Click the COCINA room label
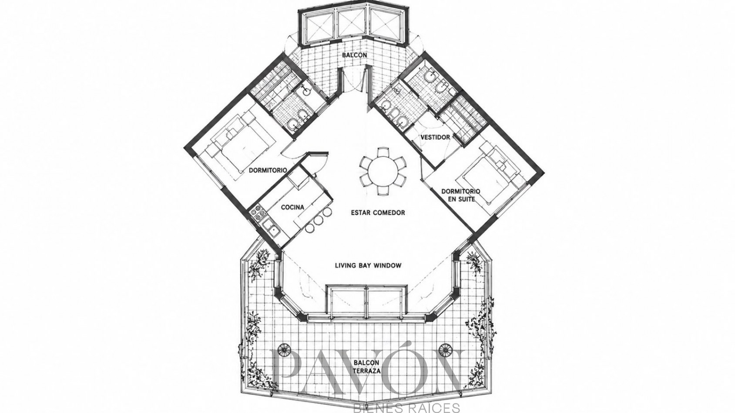click(293, 207)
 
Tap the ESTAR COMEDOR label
click(378, 213)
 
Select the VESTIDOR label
click(435, 137)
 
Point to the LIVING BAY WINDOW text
click(368, 266)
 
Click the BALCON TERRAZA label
click(367, 367)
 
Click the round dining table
click(383, 171)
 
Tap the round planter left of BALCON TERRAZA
click(284, 350)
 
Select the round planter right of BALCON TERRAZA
click(446, 350)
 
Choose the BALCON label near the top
click(354, 55)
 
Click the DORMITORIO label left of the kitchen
click(268, 170)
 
